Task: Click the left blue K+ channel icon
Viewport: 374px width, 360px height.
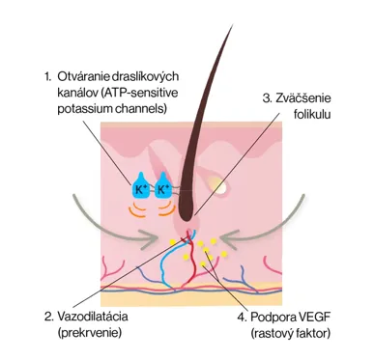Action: [x=139, y=185]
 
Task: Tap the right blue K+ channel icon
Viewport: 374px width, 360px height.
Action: [x=163, y=185]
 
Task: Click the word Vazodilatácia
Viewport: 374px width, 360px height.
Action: [x=93, y=317]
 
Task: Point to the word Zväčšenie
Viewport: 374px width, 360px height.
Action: [x=302, y=98]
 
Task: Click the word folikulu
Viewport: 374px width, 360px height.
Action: [x=312, y=115]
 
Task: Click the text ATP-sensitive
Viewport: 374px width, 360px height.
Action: [x=139, y=93]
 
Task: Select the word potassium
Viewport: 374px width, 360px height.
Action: [x=82, y=109]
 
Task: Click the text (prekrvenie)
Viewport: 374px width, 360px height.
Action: [x=90, y=333]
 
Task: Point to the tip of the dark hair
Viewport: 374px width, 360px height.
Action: [x=232, y=25]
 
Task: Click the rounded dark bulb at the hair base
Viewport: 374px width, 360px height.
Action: [x=187, y=214]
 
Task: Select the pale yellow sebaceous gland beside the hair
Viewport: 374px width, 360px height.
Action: [x=218, y=185]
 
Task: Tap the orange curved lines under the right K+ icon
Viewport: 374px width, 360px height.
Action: [x=166, y=208]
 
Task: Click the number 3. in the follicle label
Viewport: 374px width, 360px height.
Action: [x=267, y=98]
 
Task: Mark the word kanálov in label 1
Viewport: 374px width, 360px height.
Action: [x=77, y=93]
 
